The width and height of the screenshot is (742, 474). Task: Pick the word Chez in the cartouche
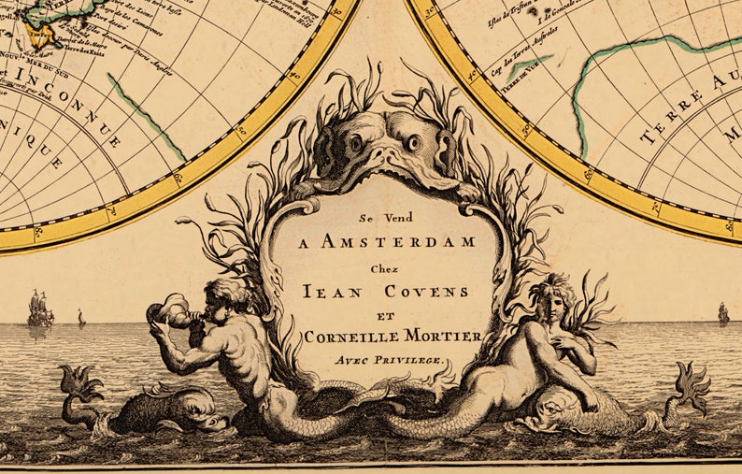[x=384, y=268]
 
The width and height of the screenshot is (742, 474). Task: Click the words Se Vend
[x=383, y=219]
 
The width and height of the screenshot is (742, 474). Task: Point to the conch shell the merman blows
[x=172, y=312]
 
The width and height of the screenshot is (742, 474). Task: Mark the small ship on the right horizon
[x=723, y=313]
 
